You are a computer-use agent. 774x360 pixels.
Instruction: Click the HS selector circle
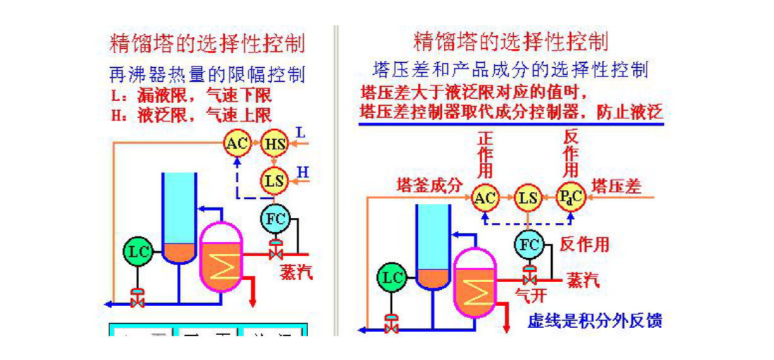click(274, 144)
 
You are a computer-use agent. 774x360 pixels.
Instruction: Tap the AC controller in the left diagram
click(237, 144)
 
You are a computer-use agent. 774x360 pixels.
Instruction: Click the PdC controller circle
click(570, 198)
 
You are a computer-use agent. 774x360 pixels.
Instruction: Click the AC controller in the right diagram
click(485, 198)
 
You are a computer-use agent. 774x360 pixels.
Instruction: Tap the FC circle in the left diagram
click(275, 219)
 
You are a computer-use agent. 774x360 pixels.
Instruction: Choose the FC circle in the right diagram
click(529, 244)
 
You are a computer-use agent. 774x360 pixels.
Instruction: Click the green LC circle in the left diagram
click(138, 252)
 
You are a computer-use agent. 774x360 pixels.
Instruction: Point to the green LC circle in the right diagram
click(392, 278)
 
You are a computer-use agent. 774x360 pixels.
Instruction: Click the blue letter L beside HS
click(301, 133)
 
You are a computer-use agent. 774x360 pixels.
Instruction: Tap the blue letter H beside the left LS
click(303, 172)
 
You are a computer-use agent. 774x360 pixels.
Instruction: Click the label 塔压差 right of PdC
click(616, 186)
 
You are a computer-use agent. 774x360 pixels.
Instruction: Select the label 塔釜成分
click(429, 186)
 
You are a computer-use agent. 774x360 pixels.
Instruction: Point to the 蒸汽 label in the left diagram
click(296, 272)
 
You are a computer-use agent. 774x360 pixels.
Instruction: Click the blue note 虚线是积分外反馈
click(595, 321)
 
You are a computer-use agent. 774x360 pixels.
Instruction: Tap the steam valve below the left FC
click(275, 253)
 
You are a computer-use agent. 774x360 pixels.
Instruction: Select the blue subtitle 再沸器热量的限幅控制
click(207, 75)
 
